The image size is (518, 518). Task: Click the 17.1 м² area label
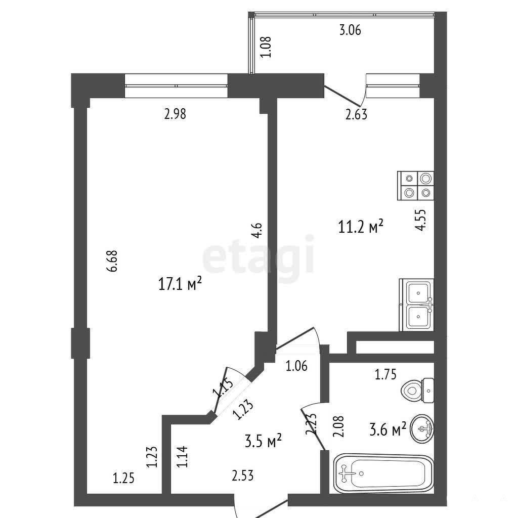(x=180, y=284)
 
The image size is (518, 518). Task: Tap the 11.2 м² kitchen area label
(x=361, y=227)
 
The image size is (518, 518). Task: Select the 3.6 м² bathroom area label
(x=387, y=430)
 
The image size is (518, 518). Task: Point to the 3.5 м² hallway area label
(x=263, y=441)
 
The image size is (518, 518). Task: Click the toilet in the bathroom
(x=417, y=391)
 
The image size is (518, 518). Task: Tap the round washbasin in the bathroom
(x=422, y=428)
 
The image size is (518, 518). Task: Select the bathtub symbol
(x=383, y=473)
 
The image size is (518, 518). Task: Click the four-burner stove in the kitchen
(x=416, y=186)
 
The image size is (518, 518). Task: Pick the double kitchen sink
(x=417, y=305)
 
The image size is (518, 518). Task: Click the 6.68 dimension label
(x=112, y=261)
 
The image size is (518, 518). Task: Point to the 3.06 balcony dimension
(x=350, y=30)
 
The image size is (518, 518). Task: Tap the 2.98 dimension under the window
(x=175, y=114)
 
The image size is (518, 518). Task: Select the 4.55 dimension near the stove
(x=420, y=220)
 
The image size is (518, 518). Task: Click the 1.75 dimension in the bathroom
(x=385, y=374)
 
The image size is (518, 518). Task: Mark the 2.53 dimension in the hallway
(x=243, y=476)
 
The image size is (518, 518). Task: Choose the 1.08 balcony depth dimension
(x=266, y=47)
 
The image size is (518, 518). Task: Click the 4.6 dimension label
(x=256, y=231)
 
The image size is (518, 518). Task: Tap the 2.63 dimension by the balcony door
(x=356, y=114)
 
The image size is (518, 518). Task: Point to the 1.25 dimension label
(x=123, y=478)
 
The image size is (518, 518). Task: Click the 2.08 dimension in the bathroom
(x=339, y=426)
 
